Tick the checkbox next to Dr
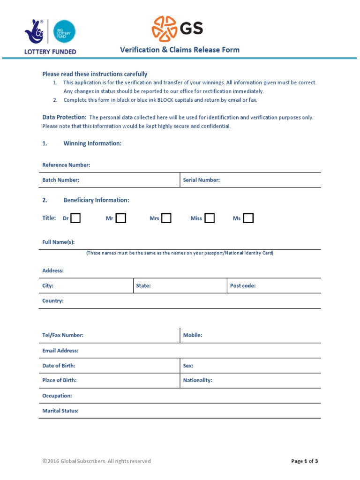point(75,218)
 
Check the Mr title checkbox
point(121,218)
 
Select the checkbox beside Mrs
point(166,218)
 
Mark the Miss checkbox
point(210,218)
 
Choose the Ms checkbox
point(248,218)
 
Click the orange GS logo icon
point(164,29)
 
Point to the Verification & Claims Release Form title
point(180,50)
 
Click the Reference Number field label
point(66,165)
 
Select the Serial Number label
point(201,180)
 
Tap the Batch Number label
point(60,180)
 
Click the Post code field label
point(242,285)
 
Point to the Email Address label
point(60,351)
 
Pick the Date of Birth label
point(59,366)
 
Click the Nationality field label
point(197,380)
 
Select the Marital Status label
point(60,411)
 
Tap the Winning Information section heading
point(92,143)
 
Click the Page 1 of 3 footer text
point(304,461)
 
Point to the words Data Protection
point(64,117)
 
